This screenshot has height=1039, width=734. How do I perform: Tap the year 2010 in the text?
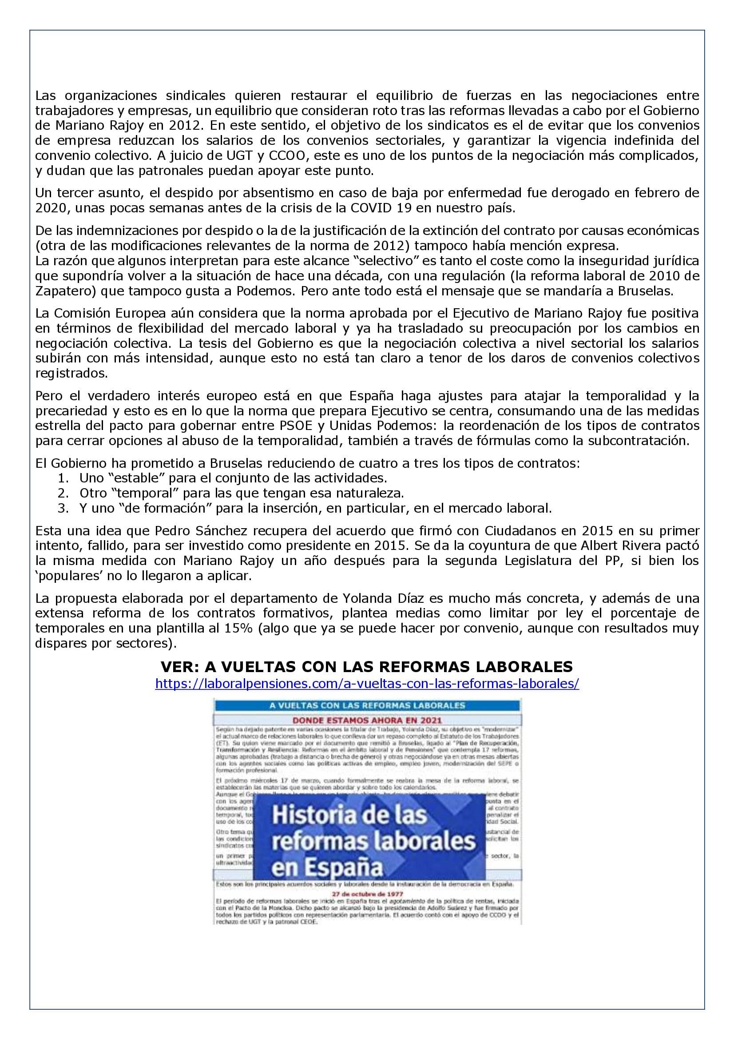pos(662,276)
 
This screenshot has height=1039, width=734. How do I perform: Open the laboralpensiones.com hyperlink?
pos(367,683)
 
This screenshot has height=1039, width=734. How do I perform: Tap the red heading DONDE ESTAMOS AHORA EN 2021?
pos(367,720)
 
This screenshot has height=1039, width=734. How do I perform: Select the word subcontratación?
pos(638,441)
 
